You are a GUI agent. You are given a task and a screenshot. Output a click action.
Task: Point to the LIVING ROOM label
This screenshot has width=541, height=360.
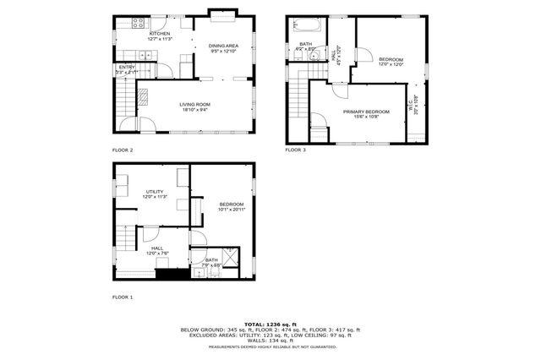click(194, 104)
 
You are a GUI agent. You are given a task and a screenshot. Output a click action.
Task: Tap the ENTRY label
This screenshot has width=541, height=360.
click(127, 67)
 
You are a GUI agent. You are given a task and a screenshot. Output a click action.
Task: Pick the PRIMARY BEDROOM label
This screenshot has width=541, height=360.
click(366, 111)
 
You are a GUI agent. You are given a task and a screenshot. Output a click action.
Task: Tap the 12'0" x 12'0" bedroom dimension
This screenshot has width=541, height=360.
click(391, 64)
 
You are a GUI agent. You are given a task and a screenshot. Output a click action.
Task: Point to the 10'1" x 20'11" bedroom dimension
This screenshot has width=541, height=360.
click(232, 209)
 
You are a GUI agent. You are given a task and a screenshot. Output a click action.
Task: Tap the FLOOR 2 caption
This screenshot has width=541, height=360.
click(123, 150)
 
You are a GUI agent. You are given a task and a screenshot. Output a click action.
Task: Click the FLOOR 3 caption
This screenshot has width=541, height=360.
click(295, 150)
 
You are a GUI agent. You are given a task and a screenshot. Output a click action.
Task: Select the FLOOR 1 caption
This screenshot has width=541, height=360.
click(123, 297)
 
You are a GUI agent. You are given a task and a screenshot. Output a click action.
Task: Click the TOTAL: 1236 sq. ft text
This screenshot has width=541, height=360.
click(270, 324)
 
